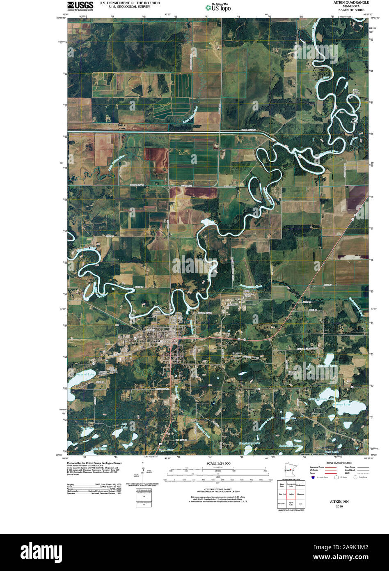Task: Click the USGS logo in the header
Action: pos(80,5)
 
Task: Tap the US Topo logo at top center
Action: pos(218,7)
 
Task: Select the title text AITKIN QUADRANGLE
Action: pos(345,2)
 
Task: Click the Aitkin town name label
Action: pos(159,341)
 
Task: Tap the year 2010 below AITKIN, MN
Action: pos(339,507)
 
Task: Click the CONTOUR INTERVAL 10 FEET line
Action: pos(217,489)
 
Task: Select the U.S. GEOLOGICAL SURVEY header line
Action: pos(124,7)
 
